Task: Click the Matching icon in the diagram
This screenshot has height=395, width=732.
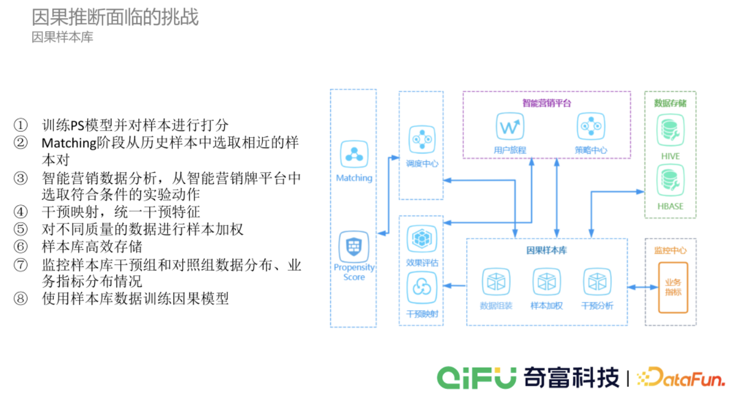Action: point(353,154)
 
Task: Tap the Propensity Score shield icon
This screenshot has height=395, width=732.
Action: point(353,246)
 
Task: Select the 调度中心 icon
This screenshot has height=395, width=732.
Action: point(421,139)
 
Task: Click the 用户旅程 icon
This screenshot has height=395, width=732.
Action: point(510,127)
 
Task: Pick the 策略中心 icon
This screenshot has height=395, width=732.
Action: point(590,127)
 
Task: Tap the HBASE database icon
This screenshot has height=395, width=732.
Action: point(670,182)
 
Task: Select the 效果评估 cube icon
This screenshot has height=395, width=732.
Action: point(421,239)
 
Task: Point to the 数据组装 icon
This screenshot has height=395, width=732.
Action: point(495,281)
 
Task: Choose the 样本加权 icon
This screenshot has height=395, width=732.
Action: point(547,281)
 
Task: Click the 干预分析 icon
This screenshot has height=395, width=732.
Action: point(597,281)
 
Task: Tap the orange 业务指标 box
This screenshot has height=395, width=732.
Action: point(673,287)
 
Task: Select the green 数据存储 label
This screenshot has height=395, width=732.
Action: point(670,103)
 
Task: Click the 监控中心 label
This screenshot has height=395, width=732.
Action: point(670,250)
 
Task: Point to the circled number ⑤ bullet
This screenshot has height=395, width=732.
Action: point(20,230)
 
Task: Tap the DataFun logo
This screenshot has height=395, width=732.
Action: point(680,377)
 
